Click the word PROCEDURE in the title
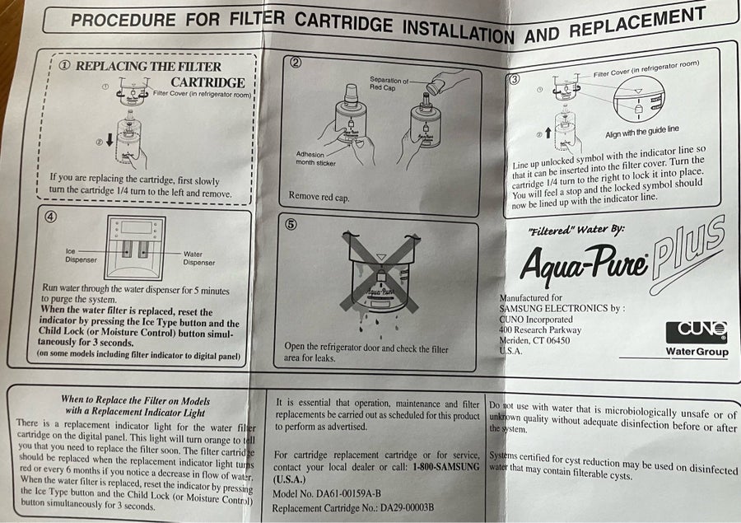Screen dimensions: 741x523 (x=123, y=21)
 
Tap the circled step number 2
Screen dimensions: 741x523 (x=296, y=63)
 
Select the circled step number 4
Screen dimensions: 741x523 (x=50, y=217)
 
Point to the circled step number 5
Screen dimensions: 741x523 (x=291, y=224)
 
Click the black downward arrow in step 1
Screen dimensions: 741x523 (x=110, y=139)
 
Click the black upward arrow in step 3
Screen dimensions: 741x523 (x=548, y=133)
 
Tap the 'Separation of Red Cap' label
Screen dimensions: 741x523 (x=389, y=84)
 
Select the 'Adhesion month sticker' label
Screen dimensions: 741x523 (x=315, y=159)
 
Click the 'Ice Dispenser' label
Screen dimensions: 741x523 (x=81, y=255)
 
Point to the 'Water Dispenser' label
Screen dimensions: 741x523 (x=199, y=258)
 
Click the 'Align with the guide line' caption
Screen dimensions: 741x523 (x=641, y=132)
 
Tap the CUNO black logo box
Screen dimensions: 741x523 (x=697, y=333)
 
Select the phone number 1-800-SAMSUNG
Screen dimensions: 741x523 (x=445, y=467)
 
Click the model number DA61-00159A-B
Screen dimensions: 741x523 (x=348, y=494)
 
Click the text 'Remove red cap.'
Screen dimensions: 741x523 (x=319, y=196)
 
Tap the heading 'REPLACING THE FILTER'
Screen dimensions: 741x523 (x=148, y=66)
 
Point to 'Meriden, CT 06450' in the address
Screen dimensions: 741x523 (x=534, y=340)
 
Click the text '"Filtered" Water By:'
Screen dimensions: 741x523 (x=576, y=231)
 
